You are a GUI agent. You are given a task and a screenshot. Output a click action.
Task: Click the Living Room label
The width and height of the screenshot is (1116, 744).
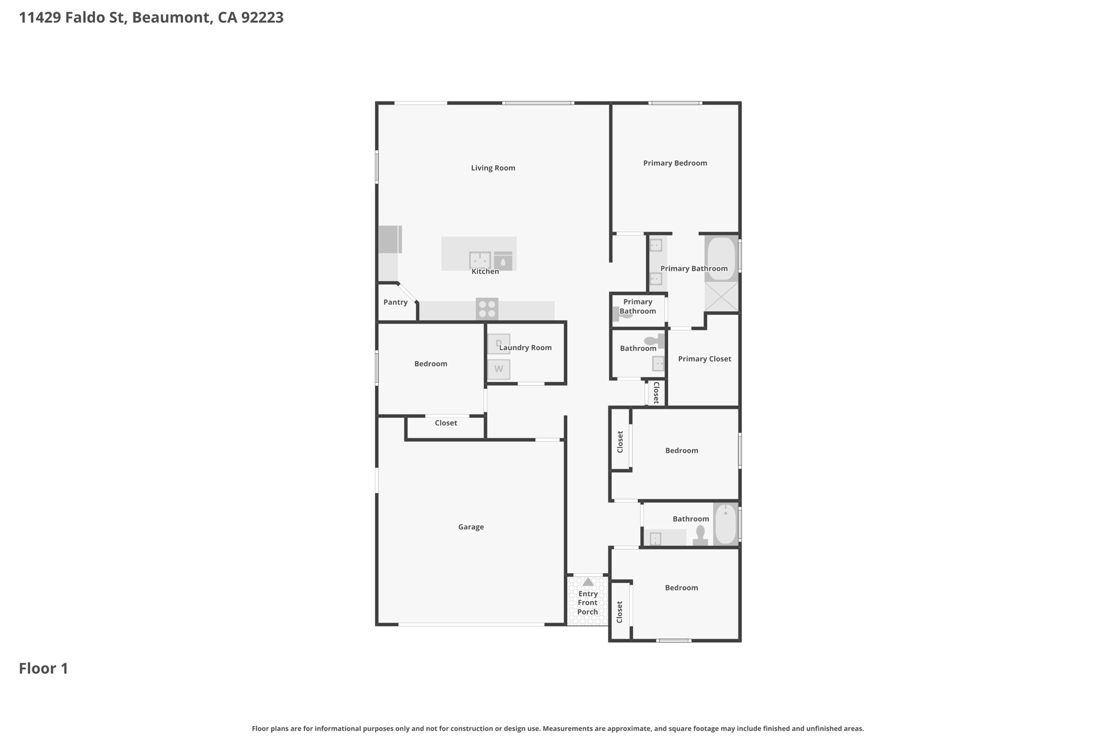(493, 168)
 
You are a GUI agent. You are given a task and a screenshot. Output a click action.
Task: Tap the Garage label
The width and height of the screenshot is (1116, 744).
(471, 527)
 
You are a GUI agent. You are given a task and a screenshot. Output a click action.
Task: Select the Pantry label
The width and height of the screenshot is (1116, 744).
(395, 303)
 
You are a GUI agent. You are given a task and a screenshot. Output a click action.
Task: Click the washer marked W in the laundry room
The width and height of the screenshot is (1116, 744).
(499, 369)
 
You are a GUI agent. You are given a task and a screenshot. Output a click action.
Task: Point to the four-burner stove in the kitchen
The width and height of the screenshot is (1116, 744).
(487, 309)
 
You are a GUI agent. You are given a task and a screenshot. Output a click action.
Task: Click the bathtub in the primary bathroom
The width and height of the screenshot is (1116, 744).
(721, 258)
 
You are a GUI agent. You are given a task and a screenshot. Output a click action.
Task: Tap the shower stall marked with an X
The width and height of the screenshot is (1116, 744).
(721, 297)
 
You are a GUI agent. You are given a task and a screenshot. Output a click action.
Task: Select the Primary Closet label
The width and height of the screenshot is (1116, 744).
(704, 359)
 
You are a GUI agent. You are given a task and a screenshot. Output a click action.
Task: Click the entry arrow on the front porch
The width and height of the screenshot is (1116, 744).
(588, 582)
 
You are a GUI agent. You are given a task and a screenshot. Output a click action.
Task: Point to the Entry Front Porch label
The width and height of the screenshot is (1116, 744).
(588, 603)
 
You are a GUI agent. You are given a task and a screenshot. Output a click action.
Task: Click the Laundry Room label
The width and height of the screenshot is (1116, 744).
(525, 348)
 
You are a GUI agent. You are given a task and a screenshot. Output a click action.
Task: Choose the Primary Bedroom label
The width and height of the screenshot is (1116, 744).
(675, 163)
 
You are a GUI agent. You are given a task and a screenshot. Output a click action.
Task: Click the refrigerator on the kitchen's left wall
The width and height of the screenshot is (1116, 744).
(390, 239)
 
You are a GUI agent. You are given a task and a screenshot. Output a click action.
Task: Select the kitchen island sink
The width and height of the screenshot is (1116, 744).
(480, 260)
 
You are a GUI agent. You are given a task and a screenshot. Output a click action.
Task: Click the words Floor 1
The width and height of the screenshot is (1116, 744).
(44, 669)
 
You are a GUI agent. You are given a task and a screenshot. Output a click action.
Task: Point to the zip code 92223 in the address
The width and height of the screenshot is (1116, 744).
(262, 17)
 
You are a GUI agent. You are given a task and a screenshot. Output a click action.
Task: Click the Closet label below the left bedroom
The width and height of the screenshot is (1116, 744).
(446, 423)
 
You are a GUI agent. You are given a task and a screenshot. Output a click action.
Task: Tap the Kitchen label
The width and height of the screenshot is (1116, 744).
(485, 271)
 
